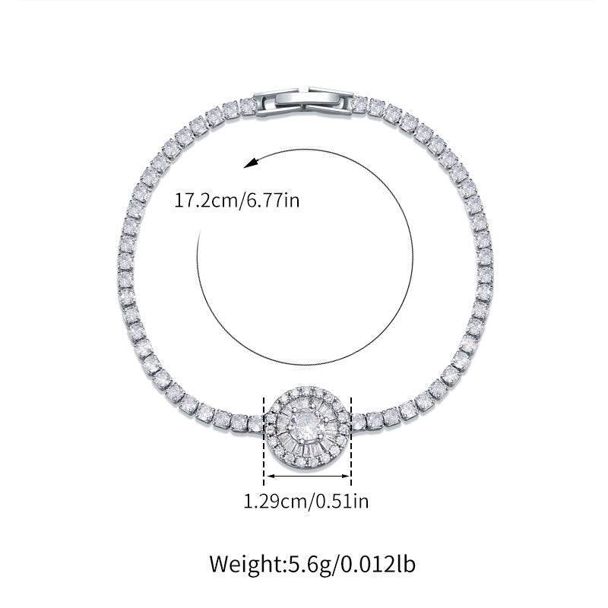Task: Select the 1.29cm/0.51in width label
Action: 306,501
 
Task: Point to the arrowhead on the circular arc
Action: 251,163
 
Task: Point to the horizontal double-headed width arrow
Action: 307,477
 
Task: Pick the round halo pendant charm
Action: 308,428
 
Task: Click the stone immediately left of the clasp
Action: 249,106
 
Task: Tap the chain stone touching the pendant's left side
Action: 255,419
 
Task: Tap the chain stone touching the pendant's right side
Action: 359,419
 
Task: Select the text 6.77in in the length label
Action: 281,201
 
